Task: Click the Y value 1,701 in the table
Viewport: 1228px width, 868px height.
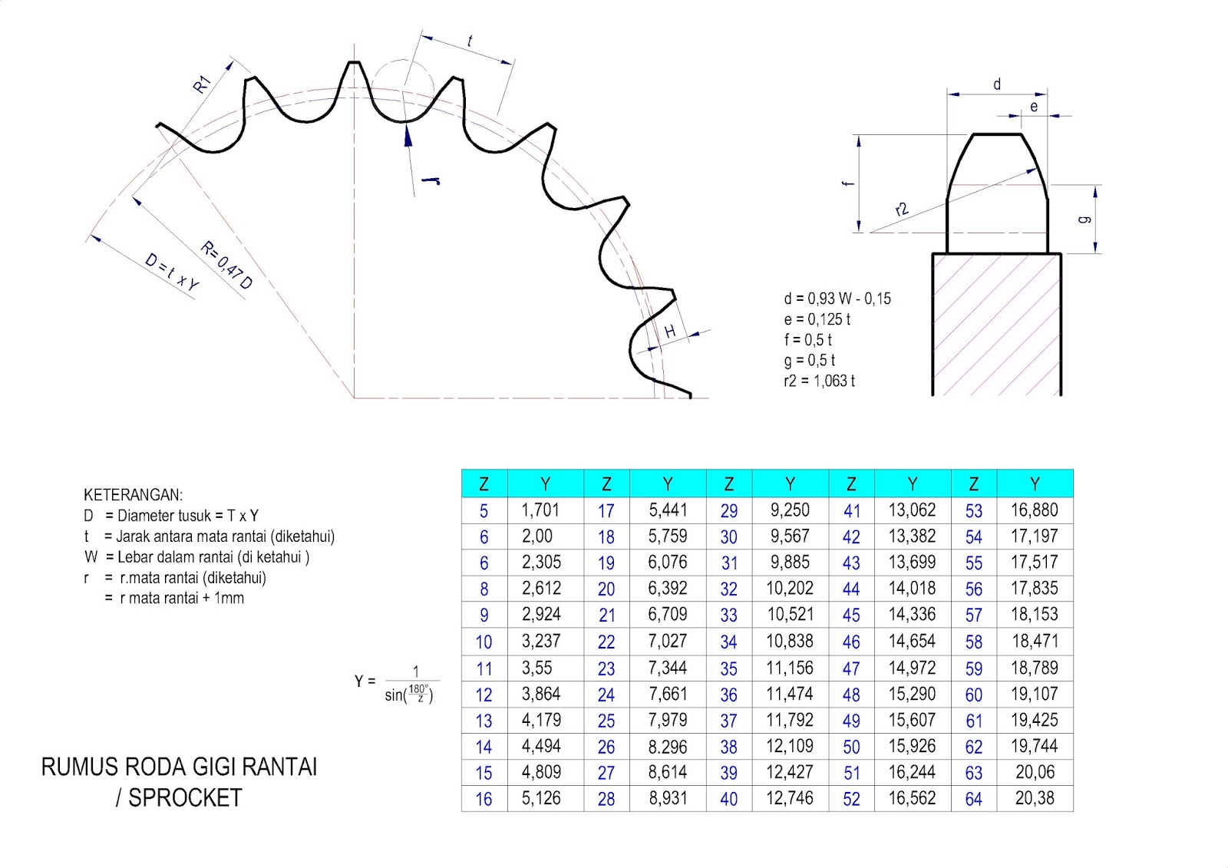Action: pos(540,510)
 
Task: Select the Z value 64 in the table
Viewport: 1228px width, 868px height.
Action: pos(974,800)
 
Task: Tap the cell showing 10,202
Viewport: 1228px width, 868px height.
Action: pos(790,589)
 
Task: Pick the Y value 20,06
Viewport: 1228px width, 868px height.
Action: pos(1035,772)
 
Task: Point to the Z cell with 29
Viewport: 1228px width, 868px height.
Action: pos(728,511)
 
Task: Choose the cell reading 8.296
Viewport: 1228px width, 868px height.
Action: pos(667,747)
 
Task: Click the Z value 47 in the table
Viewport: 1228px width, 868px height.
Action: pos(851,669)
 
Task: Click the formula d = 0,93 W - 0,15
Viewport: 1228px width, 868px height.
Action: pos(837,299)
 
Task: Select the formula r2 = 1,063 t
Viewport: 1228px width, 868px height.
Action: pos(819,381)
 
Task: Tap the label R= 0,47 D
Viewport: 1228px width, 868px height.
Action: pos(226,266)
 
